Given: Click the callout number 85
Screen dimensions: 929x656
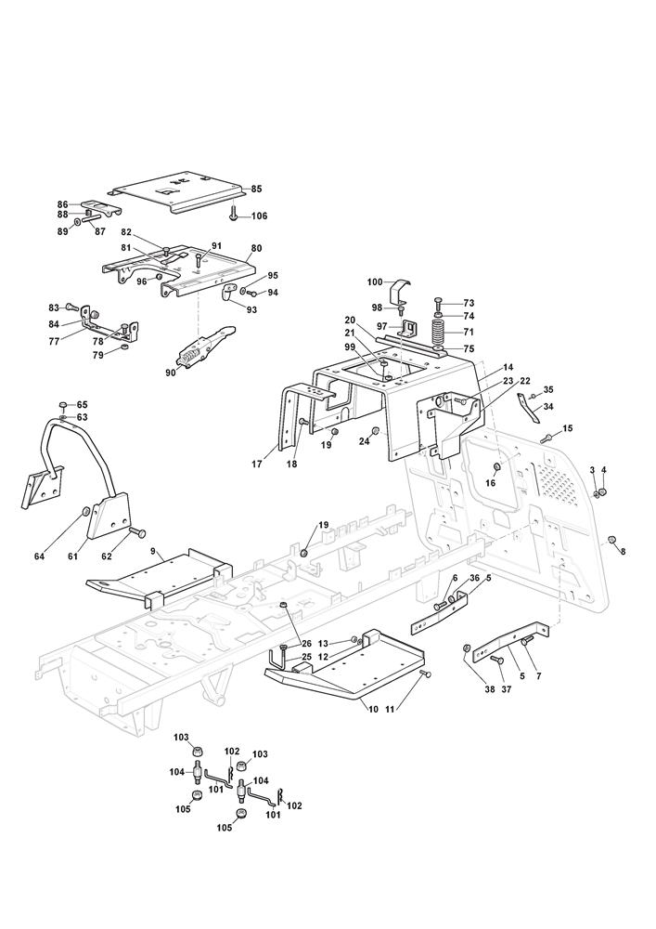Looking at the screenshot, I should (256, 189).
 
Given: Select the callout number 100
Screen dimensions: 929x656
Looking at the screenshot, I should (375, 281).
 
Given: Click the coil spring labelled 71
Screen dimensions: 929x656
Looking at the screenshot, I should (440, 332).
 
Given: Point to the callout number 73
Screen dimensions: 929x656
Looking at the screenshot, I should (469, 303).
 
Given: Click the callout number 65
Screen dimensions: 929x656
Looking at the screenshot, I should (82, 405).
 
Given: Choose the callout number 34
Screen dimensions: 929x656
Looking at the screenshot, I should (548, 407).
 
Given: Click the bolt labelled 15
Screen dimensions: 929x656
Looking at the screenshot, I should (547, 437).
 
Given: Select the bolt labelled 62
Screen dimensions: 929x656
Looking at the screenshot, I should (139, 533).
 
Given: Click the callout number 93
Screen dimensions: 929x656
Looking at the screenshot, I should (251, 309).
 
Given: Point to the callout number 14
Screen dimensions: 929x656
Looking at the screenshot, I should (508, 368).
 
